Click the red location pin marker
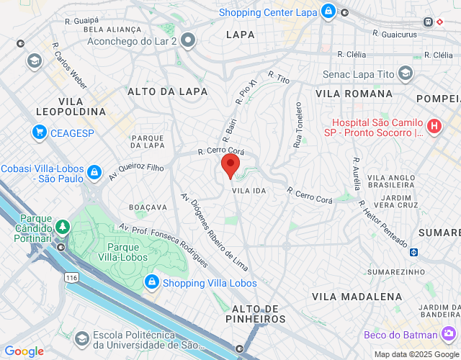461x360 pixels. (230, 165)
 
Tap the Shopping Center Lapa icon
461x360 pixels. (328, 12)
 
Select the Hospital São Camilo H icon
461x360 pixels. (434, 126)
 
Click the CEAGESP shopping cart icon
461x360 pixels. (39, 132)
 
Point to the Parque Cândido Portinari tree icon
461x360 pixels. (63, 228)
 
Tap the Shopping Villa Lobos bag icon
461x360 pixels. (151, 282)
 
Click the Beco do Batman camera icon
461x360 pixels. (449, 334)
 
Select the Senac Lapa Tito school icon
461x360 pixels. (406, 73)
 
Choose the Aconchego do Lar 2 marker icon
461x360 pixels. (189, 40)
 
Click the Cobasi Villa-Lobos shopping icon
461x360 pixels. (94, 172)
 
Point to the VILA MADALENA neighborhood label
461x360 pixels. (357, 297)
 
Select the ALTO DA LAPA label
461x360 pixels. (167, 91)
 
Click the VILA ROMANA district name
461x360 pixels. (354, 94)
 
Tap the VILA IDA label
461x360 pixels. (249, 190)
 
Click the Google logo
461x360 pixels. (24, 351)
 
